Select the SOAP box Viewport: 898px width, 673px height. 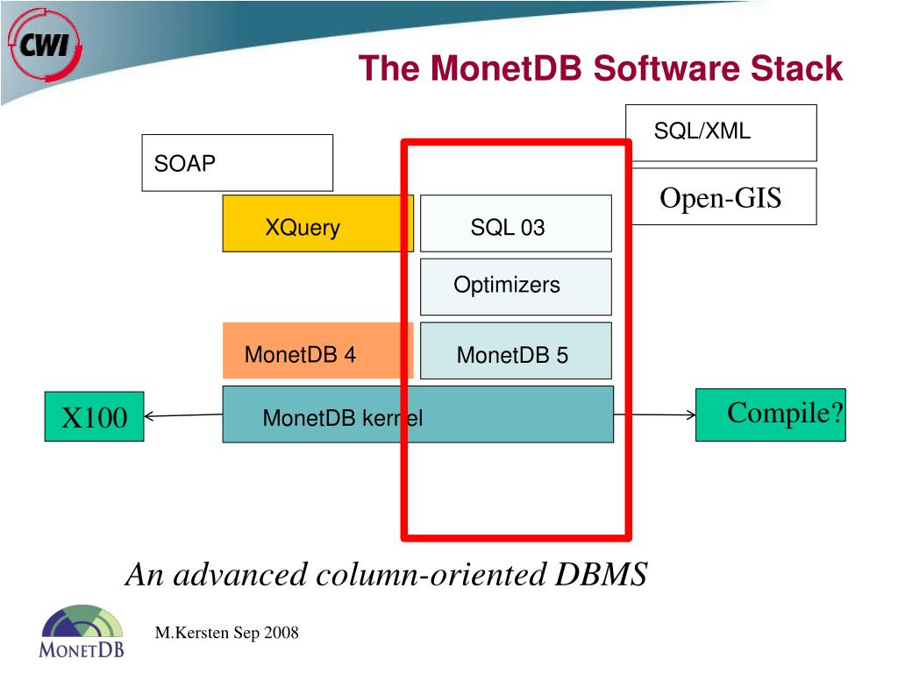point(237,162)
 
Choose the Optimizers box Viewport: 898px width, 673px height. point(516,287)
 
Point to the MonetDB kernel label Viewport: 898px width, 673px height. point(342,419)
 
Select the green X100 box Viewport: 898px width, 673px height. point(94,417)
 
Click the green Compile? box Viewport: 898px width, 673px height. point(771,414)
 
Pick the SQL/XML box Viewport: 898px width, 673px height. point(721,131)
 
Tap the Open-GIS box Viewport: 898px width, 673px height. point(723,197)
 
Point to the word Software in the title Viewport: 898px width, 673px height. point(665,68)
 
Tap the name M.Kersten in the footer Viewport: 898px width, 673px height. point(192,633)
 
